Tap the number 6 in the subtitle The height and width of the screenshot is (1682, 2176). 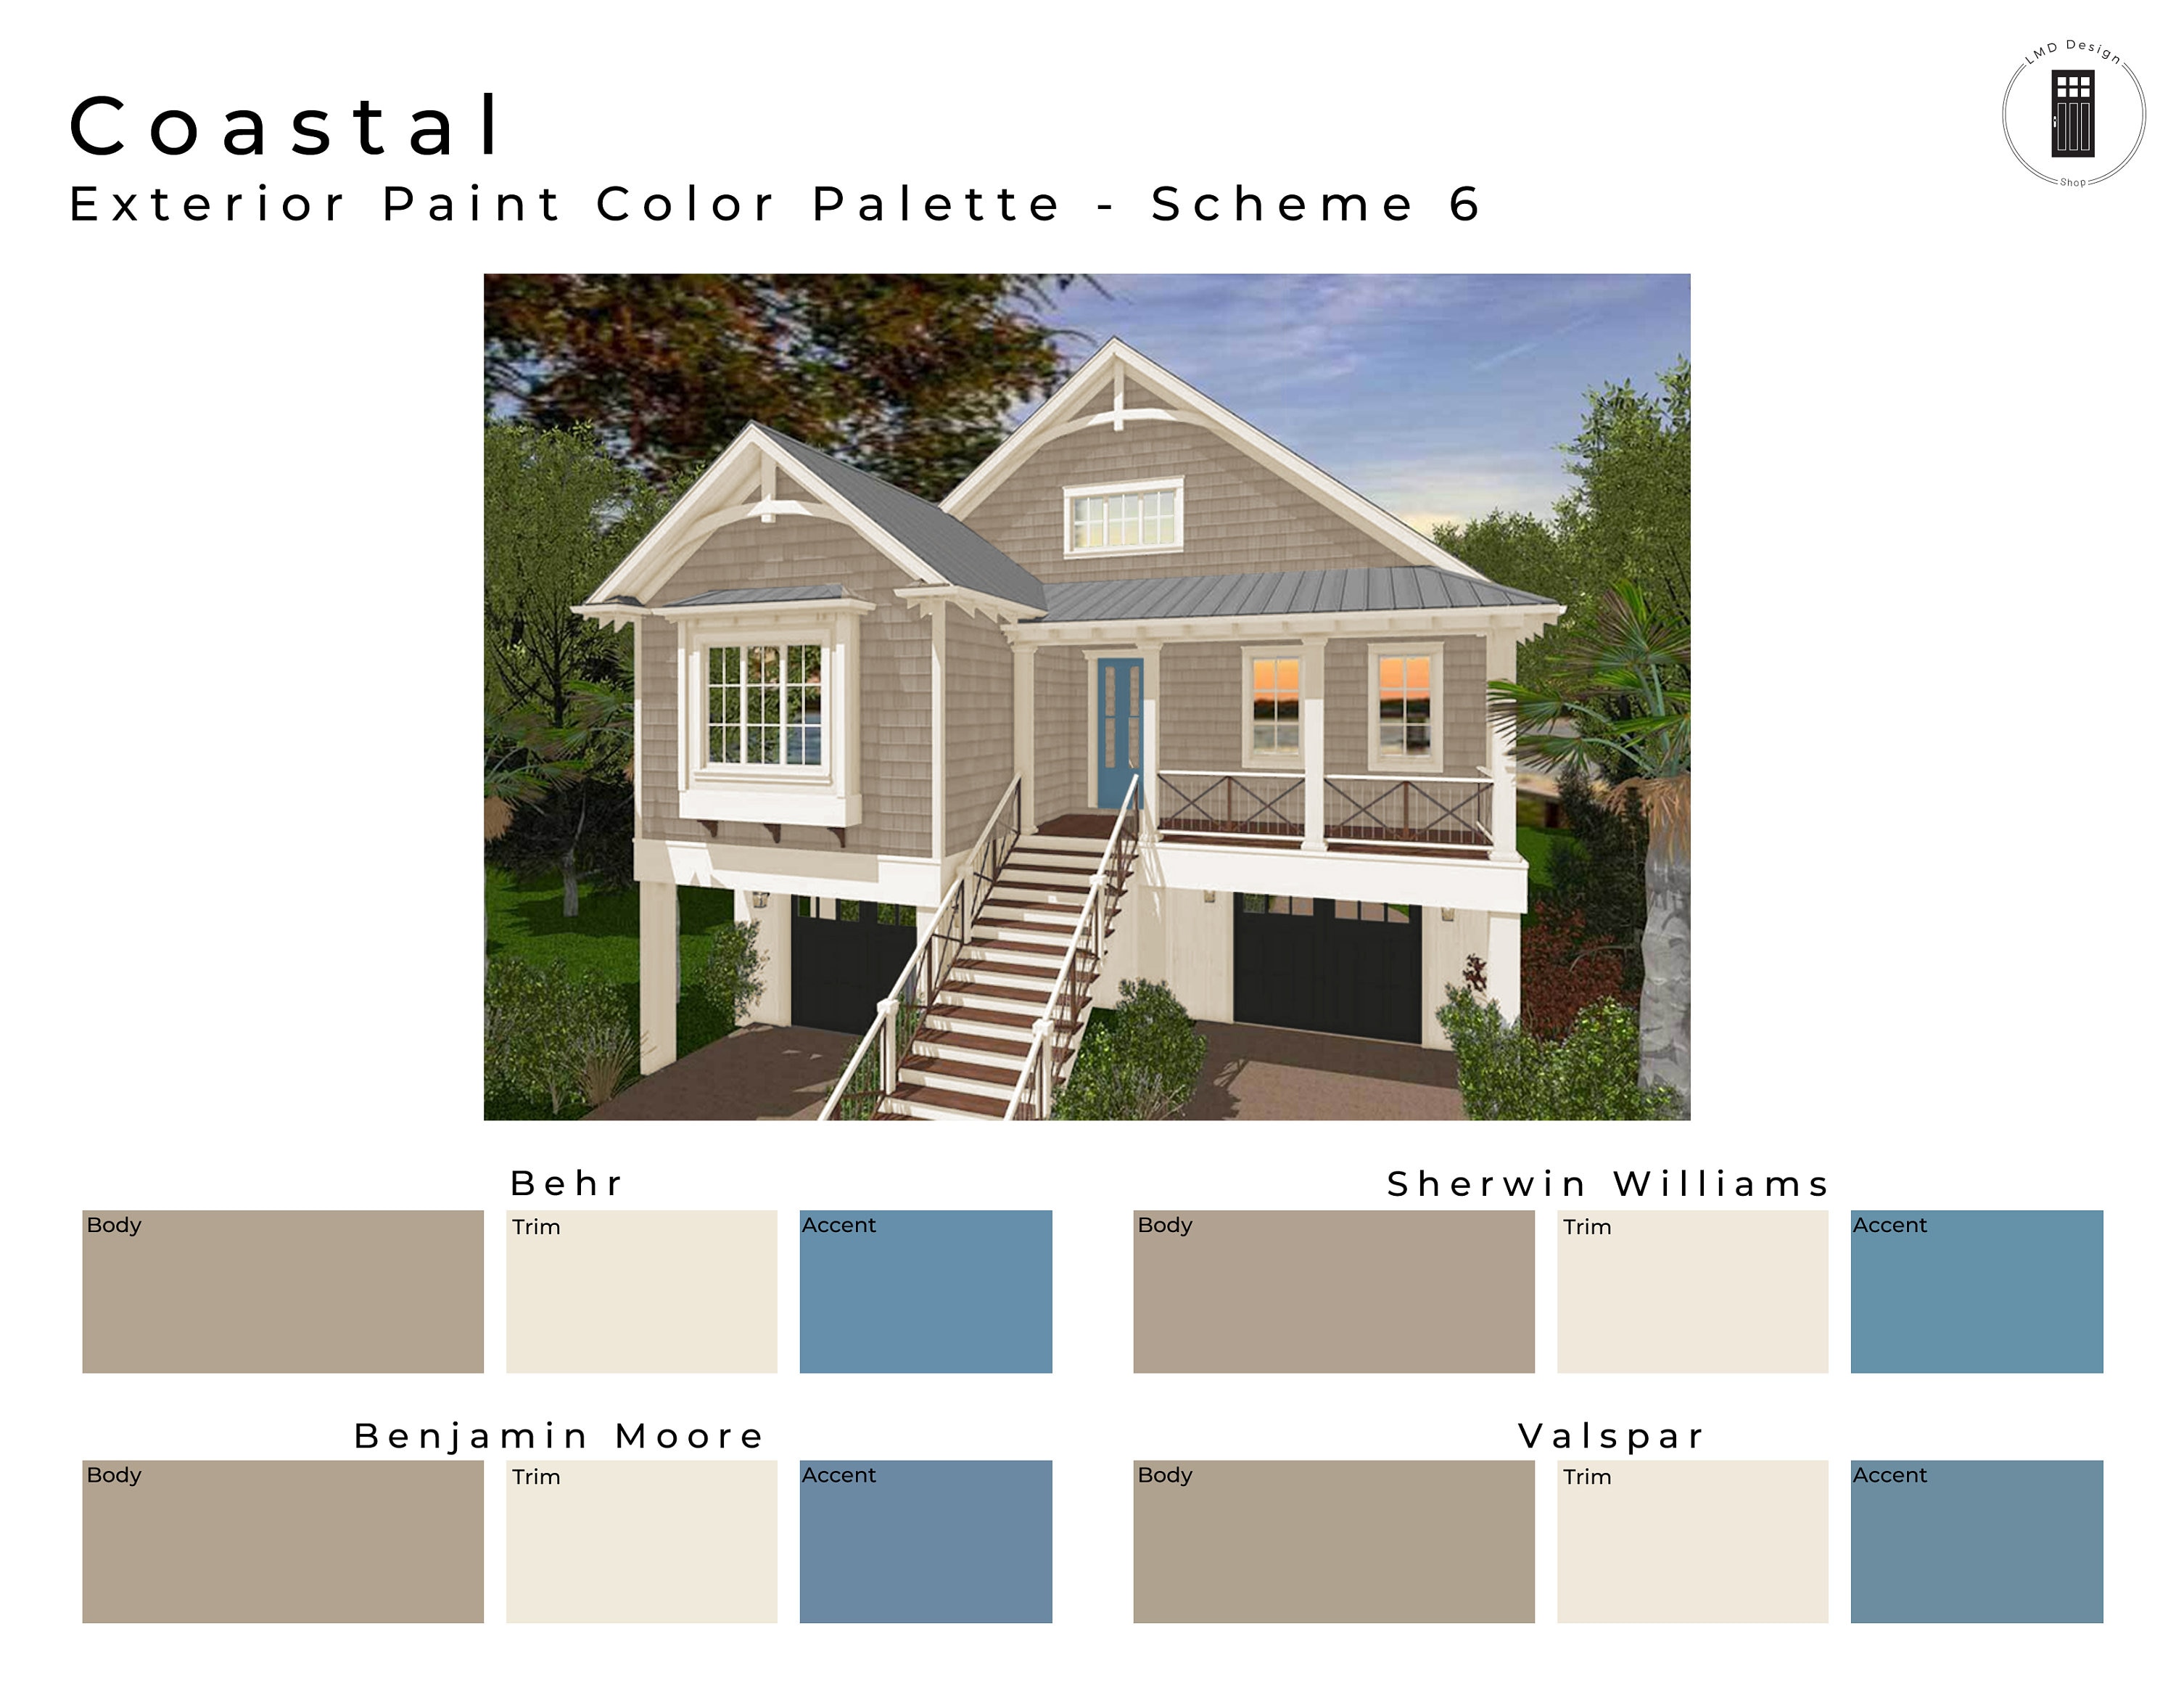1464,205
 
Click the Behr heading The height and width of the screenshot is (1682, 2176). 566,1183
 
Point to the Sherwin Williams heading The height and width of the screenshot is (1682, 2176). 1608,1183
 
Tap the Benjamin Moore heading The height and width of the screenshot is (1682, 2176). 559,1436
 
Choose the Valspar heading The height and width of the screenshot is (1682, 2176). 1610,1436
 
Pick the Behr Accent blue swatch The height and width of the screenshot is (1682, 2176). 926,1292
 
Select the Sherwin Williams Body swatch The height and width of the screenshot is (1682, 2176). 1333,1292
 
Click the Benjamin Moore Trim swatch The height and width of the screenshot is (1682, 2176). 642,1541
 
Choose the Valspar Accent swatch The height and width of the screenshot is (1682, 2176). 1977,1541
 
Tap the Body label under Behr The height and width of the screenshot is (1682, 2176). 114,1226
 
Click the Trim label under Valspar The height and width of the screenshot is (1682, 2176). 1586,1477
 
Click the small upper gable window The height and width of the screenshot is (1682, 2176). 1123,516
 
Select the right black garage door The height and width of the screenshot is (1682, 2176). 1327,967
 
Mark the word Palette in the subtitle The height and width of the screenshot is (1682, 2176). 936,205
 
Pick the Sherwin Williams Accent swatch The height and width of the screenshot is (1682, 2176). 1977,1292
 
